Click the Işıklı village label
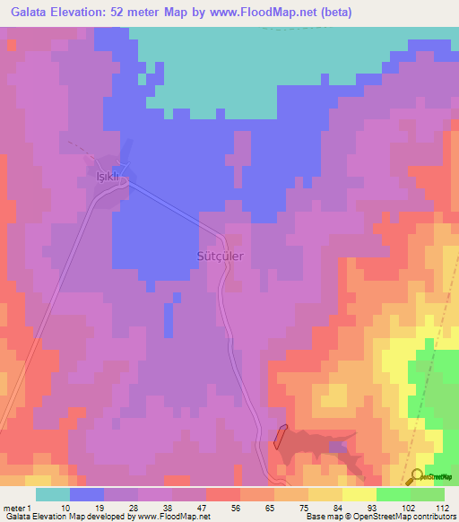pyautogui.click(x=108, y=177)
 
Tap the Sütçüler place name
pyautogui.click(x=219, y=255)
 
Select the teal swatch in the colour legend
pyautogui.click(x=53, y=494)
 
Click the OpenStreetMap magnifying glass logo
pyautogui.click(x=418, y=478)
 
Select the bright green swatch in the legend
pyautogui.click(x=393, y=494)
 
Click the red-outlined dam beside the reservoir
pyautogui.click(x=280, y=437)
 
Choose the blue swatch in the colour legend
pyautogui.click(x=87, y=494)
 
